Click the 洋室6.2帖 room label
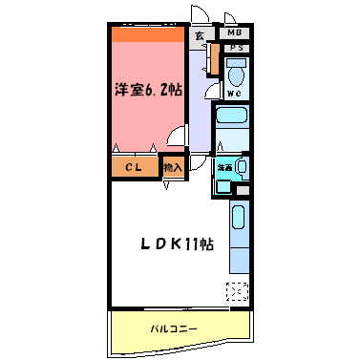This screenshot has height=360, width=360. pyautogui.click(x=150, y=90)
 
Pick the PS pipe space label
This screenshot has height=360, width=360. pyautogui.click(x=235, y=48)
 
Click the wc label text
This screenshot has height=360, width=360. pyautogui.click(x=235, y=94)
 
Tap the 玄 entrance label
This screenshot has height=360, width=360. pyautogui.click(x=200, y=35)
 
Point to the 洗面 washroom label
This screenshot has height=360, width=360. pyautogui.click(x=224, y=167)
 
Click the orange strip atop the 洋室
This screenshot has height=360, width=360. pyautogui.click(x=147, y=34)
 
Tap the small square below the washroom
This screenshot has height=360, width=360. pyautogui.click(x=223, y=186)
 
